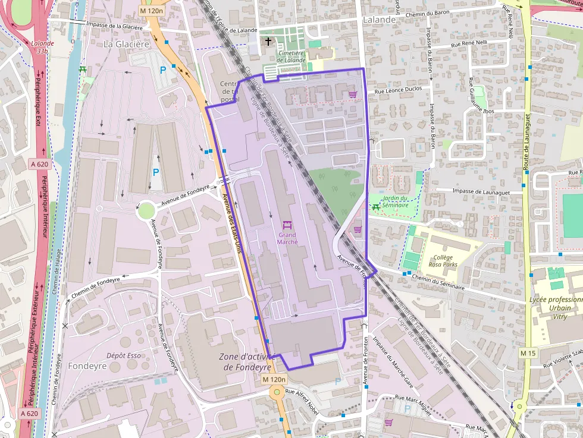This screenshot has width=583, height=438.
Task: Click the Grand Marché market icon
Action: click(x=287, y=225)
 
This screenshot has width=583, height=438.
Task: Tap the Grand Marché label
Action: click(x=287, y=238)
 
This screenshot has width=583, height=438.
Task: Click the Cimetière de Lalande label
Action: click(x=291, y=56)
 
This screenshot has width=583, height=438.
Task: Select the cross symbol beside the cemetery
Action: click(x=268, y=42)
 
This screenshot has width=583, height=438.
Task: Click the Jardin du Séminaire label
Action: click(x=396, y=201)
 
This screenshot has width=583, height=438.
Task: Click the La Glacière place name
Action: click(x=126, y=44)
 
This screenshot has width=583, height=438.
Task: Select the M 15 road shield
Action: click(x=528, y=353)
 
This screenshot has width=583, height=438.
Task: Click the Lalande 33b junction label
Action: click(x=42, y=47)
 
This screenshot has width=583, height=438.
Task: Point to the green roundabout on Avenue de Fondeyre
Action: click(x=146, y=210)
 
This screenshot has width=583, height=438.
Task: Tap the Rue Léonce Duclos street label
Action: click(x=399, y=90)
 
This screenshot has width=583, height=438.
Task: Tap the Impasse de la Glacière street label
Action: click(x=115, y=26)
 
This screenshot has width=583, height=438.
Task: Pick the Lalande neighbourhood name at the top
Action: click(x=379, y=20)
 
